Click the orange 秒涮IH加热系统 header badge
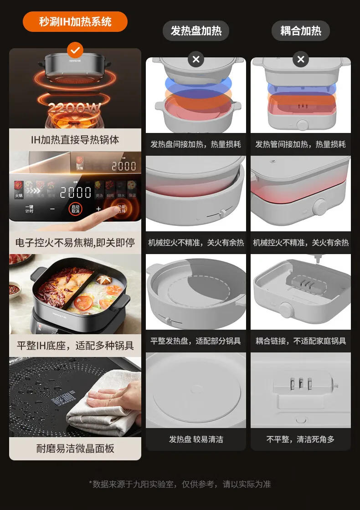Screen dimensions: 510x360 click(75, 21)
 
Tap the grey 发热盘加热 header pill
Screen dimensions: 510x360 click(196, 31)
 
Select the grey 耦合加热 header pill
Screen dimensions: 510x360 click(301, 31)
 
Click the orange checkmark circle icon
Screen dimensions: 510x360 click(75, 49)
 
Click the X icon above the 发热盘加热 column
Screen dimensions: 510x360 click(196, 59)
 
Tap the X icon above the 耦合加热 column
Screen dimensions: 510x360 click(301, 59)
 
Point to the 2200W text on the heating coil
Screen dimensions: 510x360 click(75, 108)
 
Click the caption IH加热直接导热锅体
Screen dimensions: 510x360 click(75, 140)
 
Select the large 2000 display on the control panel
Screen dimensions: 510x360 click(76, 192)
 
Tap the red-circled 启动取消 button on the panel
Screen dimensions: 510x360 click(75, 209)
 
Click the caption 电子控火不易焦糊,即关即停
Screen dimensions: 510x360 click(75, 243)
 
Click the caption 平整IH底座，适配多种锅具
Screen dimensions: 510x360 click(75, 346)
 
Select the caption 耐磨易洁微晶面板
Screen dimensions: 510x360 click(75, 449)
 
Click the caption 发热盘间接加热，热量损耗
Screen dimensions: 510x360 click(196, 144)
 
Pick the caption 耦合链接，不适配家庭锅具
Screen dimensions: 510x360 click(301, 341)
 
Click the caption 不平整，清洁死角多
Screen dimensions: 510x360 click(301, 439)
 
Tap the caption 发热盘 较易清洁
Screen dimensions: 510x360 click(196, 439)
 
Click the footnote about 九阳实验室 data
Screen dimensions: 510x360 click(180, 484)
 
